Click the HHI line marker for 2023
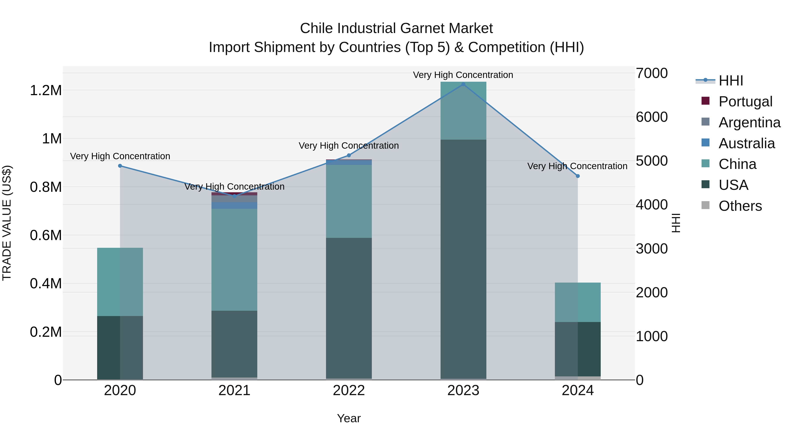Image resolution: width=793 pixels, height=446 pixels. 463,84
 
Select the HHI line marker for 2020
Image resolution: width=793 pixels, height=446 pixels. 120,166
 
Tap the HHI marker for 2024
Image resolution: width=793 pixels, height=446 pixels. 578,176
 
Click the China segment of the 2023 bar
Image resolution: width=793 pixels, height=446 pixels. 463,111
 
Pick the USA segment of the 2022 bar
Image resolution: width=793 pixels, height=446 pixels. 349,308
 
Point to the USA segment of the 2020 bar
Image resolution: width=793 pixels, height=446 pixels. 120,348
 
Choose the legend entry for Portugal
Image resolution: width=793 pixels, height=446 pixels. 745,101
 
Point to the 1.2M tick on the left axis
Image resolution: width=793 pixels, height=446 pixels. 46,91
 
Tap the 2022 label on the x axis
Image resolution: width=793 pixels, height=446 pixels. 349,390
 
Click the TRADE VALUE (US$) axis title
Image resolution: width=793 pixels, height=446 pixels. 7,223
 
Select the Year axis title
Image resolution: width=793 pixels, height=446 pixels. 349,418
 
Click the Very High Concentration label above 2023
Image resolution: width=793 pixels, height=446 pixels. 463,75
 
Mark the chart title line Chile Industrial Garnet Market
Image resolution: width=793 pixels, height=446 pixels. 396,28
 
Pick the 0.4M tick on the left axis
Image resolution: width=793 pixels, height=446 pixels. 46,283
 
